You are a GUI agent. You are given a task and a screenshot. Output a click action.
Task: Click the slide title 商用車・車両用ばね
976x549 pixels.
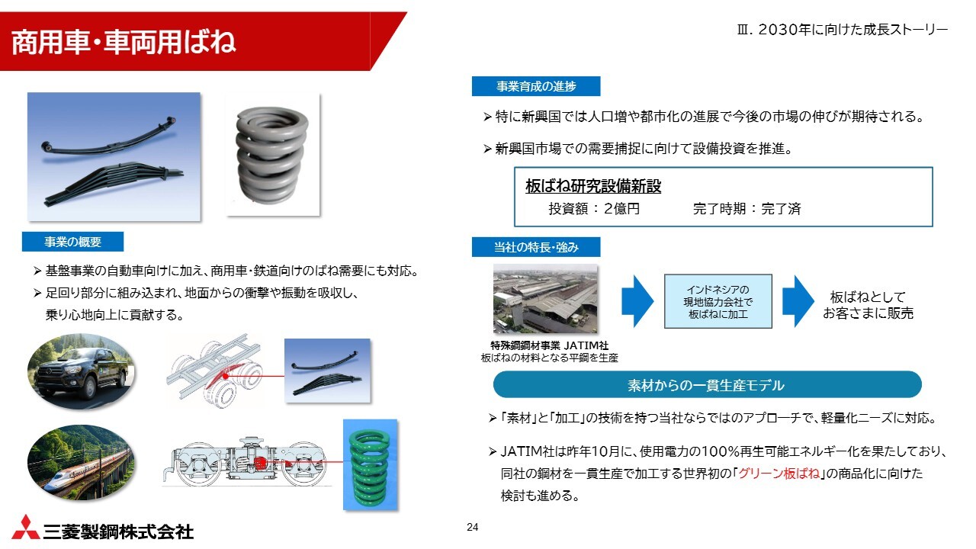[x=124, y=43]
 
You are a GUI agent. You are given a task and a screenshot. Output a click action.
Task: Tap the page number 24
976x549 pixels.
[x=472, y=527]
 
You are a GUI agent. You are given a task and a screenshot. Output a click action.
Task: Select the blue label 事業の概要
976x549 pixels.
[x=72, y=242]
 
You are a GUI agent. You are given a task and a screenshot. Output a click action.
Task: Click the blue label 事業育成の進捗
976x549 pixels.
[x=536, y=86]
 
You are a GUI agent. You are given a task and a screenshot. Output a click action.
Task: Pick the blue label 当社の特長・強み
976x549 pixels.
[x=536, y=247]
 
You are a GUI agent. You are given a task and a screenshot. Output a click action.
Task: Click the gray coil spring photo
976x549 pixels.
[x=273, y=155]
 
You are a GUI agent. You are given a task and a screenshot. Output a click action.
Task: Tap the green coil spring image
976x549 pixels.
[x=371, y=464]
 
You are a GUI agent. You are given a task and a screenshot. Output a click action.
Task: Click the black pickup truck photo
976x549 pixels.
[x=81, y=371]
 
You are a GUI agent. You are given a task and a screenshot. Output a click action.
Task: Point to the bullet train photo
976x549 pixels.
[x=81, y=463]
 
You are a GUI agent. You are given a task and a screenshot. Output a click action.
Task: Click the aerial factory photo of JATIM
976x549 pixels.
[x=545, y=299]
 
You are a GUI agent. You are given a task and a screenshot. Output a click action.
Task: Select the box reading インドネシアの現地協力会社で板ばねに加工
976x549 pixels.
[x=718, y=301]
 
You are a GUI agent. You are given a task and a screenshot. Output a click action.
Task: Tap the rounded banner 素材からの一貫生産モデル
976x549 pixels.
[x=707, y=385]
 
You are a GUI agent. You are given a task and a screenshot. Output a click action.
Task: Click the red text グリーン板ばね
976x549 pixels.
[x=779, y=474]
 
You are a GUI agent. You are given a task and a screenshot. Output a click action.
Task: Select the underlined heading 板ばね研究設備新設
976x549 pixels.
[x=593, y=187]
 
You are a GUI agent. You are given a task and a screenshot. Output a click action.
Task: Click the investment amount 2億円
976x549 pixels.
[x=621, y=209]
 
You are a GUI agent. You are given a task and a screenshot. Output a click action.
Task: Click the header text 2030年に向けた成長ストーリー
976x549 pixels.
[x=852, y=30]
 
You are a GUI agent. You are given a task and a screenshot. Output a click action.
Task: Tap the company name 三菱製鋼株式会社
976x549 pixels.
[x=118, y=532]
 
